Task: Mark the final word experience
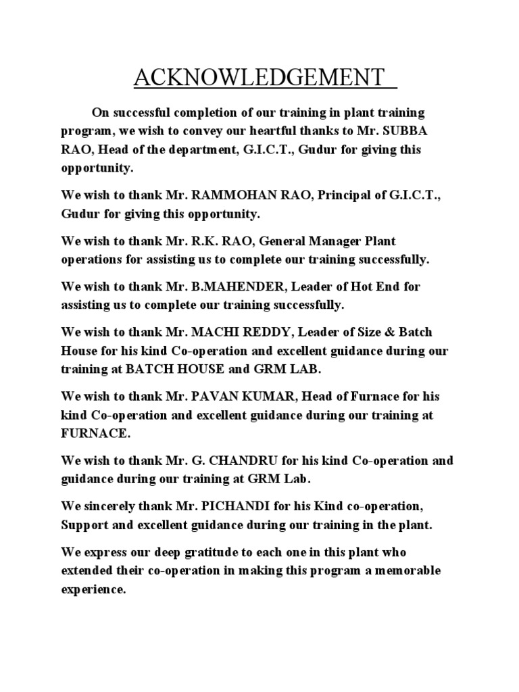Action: (x=93, y=589)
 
